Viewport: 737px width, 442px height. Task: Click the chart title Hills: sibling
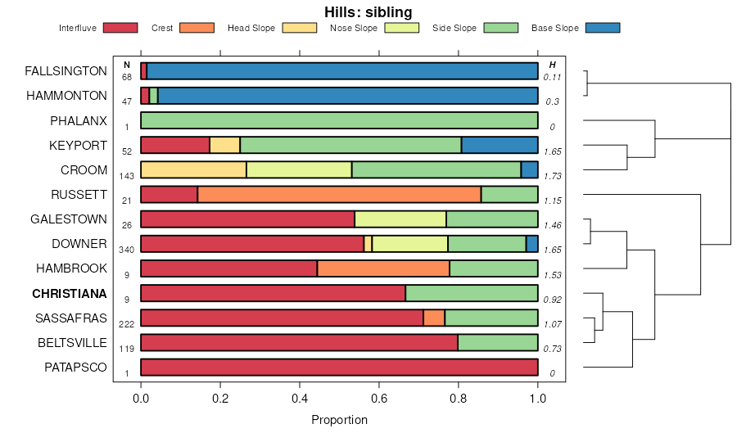(x=368, y=11)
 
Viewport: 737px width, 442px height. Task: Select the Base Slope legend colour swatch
(x=603, y=28)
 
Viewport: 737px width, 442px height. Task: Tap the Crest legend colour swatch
(x=197, y=28)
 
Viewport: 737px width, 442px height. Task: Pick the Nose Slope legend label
(x=353, y=28)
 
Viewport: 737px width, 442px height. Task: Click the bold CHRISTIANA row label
(x=70, y=293)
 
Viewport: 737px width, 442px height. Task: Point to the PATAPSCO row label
(x=75, y=367)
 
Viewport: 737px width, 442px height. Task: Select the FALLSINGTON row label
(x=66, y=71)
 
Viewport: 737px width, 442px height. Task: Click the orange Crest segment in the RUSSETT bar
(x=339, y=195)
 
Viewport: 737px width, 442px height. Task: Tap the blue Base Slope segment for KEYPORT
(x=500, y=146)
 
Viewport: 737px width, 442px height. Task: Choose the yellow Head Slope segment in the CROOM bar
(x=193, y=170)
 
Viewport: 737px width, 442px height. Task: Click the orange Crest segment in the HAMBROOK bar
(x=383, y=268)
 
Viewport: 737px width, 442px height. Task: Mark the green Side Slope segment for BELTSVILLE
(x=497, y=342)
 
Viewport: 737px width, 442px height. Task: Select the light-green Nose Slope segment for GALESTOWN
(x=400, y=219)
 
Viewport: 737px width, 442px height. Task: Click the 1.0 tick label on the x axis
(x=538, y=399)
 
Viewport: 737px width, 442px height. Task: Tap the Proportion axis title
(x=339, y=420)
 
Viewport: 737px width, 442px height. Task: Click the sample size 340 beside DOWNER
(x=127, y=250)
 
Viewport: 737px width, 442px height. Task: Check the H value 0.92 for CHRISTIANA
(x=552, y=300)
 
